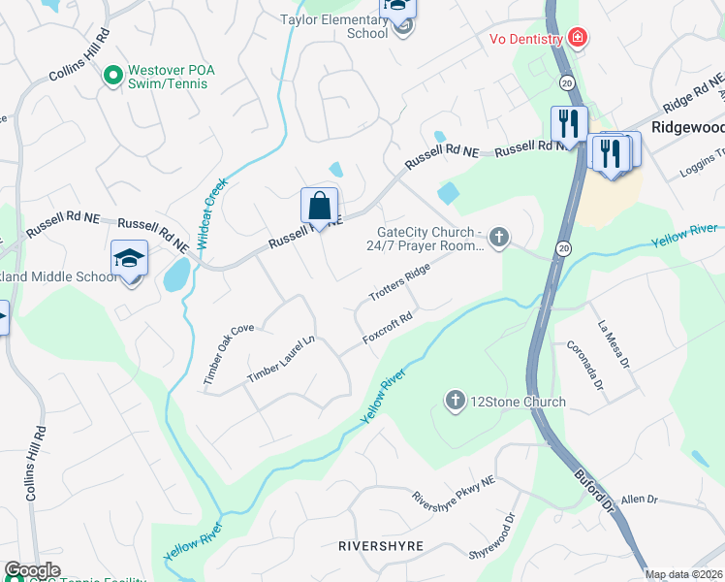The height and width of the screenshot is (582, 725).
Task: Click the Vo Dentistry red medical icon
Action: click(578, 38)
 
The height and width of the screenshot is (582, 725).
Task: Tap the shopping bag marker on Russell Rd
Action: click(319, 207)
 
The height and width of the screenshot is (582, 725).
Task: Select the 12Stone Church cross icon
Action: click(455, 401)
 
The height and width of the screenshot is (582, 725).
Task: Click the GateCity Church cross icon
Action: click(498, 238)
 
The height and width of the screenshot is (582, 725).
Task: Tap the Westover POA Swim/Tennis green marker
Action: click(113, 73)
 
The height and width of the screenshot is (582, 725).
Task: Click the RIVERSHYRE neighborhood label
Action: click(381, 546)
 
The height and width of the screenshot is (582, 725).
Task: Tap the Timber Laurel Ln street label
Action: click(282, 359)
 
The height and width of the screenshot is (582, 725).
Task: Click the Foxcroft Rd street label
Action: click(388, 329)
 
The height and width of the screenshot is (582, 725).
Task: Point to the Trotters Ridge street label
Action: click(398, 281)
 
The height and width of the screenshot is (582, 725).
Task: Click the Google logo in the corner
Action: click(32, 570)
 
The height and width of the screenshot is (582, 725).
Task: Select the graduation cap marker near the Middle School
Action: click(129, 260)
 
